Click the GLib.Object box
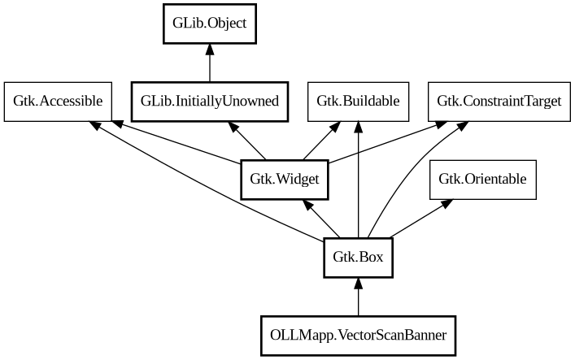pyautogui.click(x=210, y=24)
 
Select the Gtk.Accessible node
pyautogui.click(x=58, y=101)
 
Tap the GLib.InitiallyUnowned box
pyautogui.click(x=210, y=101)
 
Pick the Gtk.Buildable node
pyautogui.click(x=358, y=101)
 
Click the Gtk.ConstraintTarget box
pyautogui.click(x=487, y=101)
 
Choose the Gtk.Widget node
pyautogui.click(x=285, y=179)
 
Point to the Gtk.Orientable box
pyautogui.click(x=483, y=179)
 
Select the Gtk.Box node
pyautogui.click(x=358, y=258)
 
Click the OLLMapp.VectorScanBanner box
pyautogui.click(x=358, y=334)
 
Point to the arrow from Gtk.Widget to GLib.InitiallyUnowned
pyautogui.click(x=247, y=140)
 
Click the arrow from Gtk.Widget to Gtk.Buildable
pyautogui.click(x=321, y=140)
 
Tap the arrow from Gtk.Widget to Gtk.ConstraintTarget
pyautogui.click(x=382, y=141)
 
